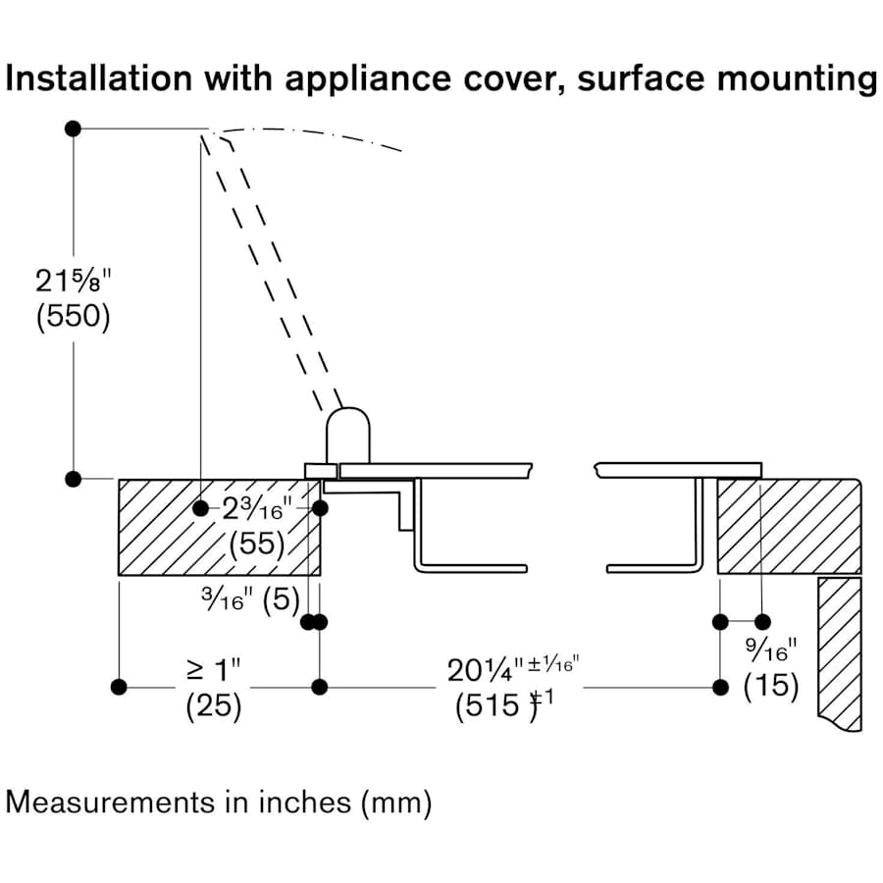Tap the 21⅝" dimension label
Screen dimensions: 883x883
[x=75, y=282]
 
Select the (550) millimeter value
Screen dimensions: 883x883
[x=74, y=320]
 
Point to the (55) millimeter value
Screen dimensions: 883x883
[x=257, y=543]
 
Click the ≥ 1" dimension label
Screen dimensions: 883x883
[x=213, y=671]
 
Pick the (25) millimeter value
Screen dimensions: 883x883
[x=213, y=706]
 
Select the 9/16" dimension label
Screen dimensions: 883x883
[x=771, y=649]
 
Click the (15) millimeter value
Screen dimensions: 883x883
[x=771, y=686]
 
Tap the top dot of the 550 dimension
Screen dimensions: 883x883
[x=72, y=129]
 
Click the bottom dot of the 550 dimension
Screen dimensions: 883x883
[x=72, y=479]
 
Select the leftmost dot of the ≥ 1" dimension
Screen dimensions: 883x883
[x=120, y=687]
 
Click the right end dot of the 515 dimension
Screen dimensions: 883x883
[x=720, y=687]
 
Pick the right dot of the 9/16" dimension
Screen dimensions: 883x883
[x=763, y=621]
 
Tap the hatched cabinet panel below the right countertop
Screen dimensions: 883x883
[x=839, y=648]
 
